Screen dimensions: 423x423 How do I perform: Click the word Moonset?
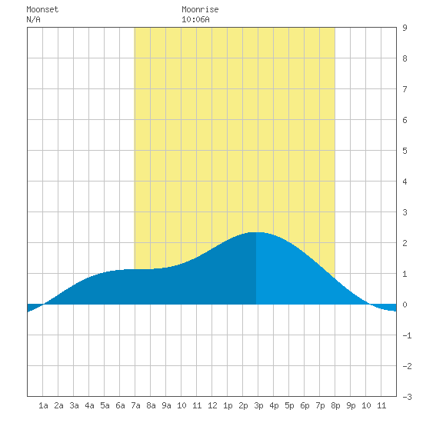[x=42, y=9]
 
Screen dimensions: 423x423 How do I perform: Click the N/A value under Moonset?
[x=33, y=19]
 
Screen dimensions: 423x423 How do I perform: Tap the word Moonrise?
[x=200, y=9]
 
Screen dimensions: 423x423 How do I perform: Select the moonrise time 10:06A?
[x=195, y=19]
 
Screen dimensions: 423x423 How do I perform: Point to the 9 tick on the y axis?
[x=405, y=28]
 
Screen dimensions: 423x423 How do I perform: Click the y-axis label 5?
[x=405, y=151]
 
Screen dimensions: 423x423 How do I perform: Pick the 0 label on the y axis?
[x=405, y=305]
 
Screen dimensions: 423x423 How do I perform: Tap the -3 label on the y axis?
[x=407, y=397]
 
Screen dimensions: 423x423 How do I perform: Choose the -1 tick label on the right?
[x=407, y=335]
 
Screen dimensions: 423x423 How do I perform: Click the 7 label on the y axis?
[x=405, y=89]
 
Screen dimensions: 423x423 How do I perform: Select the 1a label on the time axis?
[x=43, y=405]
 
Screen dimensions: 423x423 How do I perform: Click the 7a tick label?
[x=135, y=405]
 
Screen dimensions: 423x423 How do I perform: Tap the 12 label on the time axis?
[x=212, y=405]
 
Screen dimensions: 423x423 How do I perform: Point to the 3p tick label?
[x=258, y=406]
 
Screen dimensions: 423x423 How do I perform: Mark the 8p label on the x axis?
[x=335, y=406]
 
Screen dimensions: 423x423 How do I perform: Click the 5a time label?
[x=105, y=405]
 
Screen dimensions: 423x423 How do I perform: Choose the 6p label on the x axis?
[x=305, y=406]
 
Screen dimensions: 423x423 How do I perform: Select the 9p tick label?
[x=351, y=406]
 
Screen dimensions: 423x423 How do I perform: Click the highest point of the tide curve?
[x=256, y=232]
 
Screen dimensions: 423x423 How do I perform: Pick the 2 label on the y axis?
[x=405, y=243]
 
